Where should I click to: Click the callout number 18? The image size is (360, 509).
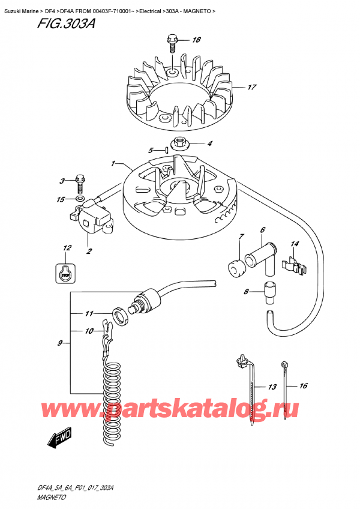[x=196, y=40]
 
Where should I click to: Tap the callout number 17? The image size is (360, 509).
[x=252, y=87]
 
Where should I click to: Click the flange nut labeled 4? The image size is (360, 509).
[x=179, y=143]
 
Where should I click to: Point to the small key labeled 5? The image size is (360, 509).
[x=166, y=149]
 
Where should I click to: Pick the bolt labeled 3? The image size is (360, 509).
[x=79, y=184]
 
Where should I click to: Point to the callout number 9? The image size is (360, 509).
[x=60, y=343]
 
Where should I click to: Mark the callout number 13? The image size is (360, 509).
[x=272, y=387]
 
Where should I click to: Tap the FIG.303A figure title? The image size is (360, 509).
[x=66, y=23]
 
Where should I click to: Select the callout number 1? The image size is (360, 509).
[x=113, y=164]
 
